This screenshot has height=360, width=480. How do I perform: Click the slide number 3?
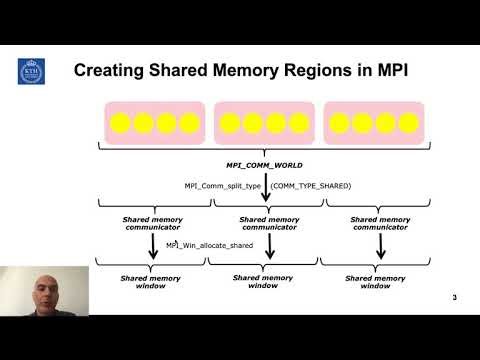point(454,298)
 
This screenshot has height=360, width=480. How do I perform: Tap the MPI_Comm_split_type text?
point(222,185)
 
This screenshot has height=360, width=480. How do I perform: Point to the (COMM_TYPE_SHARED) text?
point(313,185)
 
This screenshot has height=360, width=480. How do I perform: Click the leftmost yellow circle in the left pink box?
point(122,125)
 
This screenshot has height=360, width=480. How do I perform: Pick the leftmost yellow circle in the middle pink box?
point(230,125)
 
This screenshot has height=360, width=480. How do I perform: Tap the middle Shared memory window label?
point(264,281)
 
